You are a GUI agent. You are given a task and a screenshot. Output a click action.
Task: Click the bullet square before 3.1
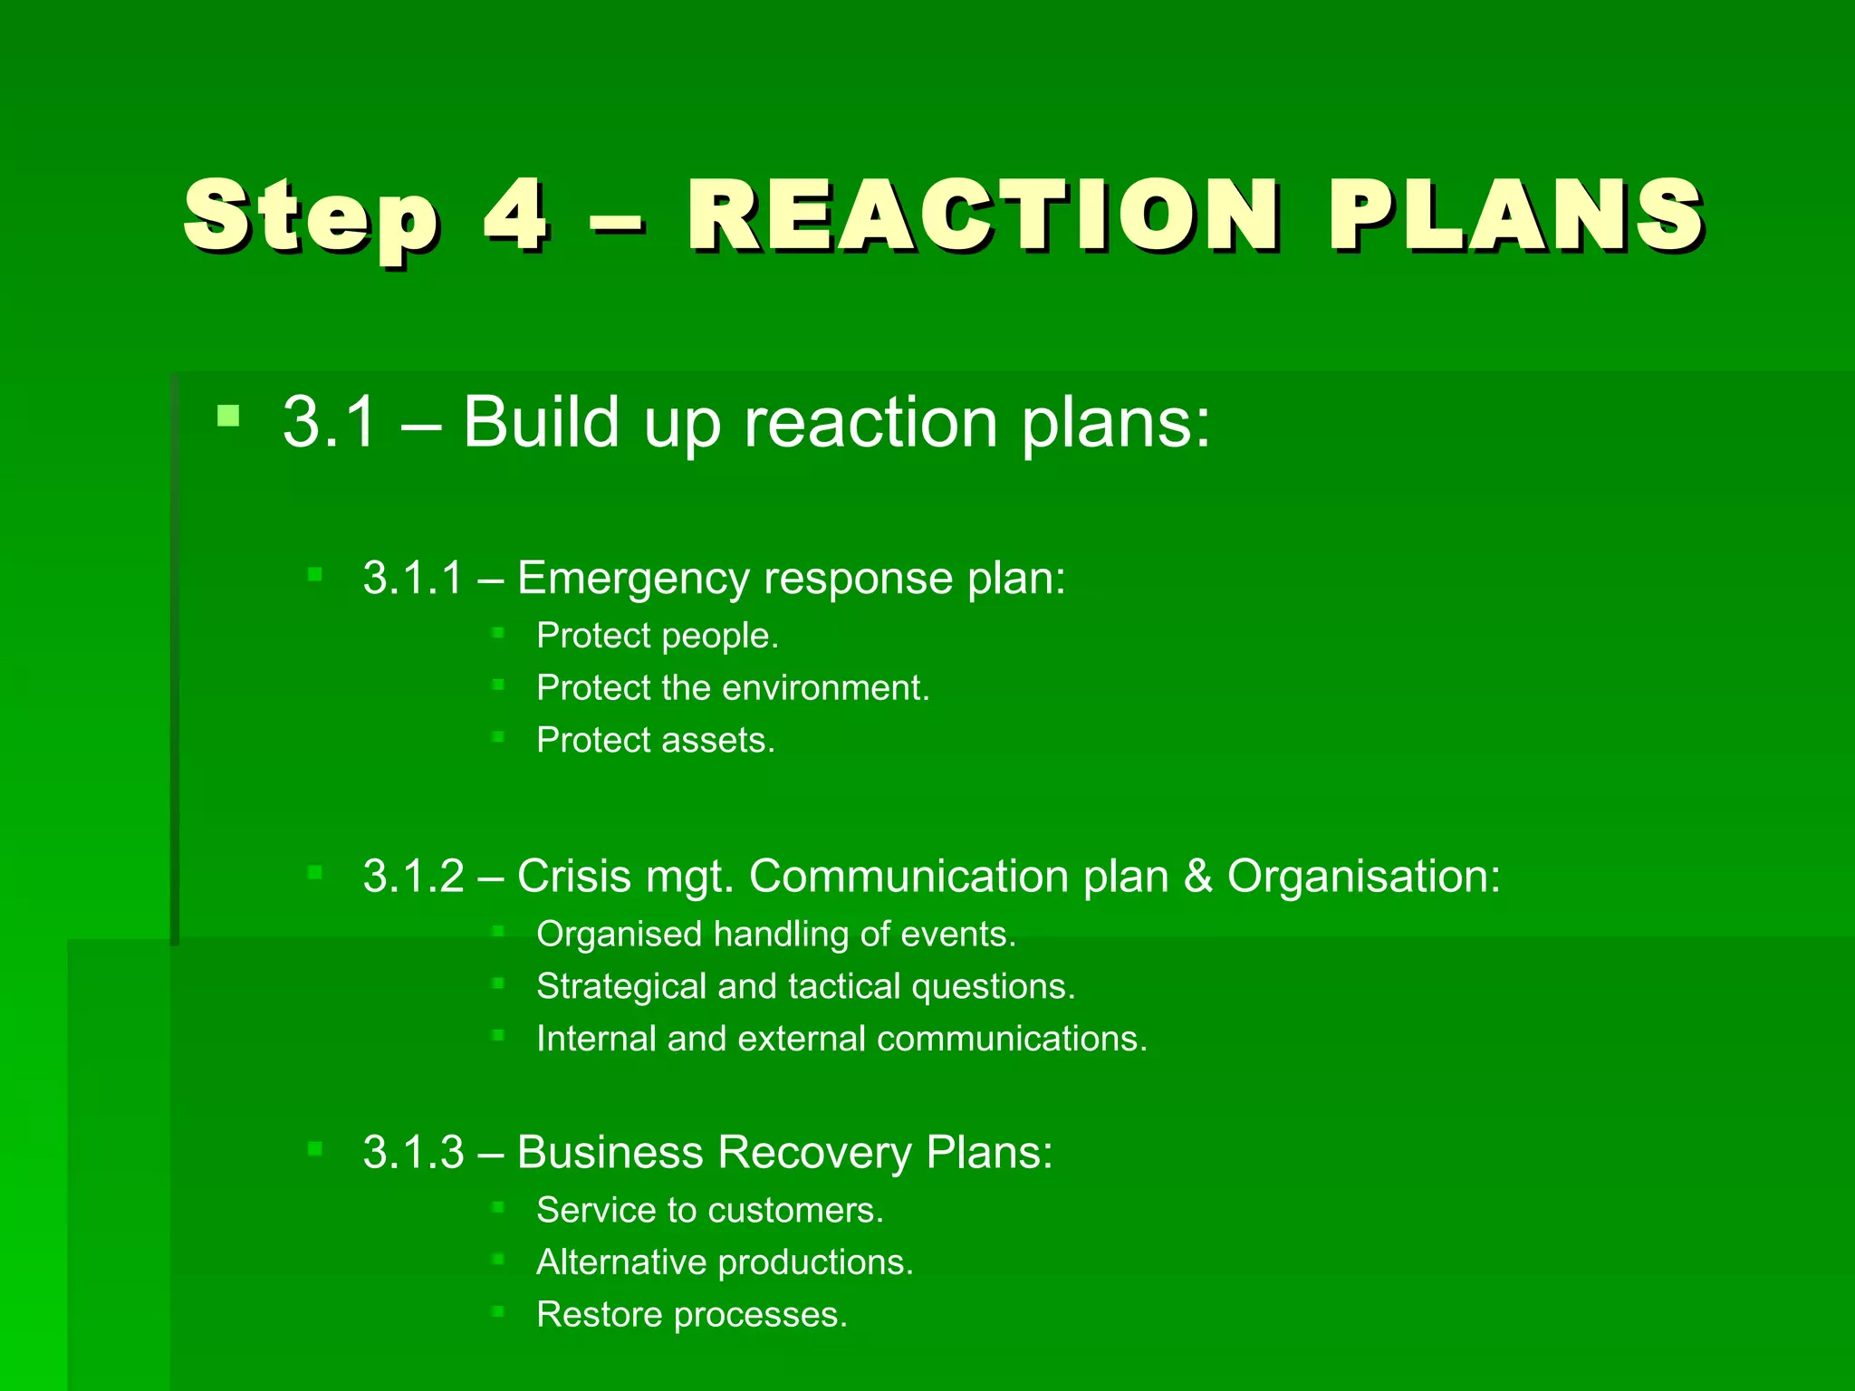228,417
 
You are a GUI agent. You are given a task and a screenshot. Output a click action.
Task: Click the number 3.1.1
413,578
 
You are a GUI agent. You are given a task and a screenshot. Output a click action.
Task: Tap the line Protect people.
657,636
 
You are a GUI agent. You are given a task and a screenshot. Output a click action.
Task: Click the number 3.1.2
413,877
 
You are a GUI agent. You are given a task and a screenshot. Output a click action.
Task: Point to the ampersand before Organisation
1197,877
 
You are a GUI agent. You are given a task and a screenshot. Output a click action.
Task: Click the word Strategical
621,986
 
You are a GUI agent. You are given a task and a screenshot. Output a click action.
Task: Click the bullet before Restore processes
497,1310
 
